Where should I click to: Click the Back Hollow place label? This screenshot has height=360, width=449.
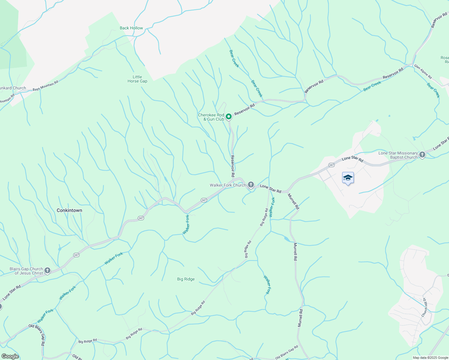[x=131, y=28]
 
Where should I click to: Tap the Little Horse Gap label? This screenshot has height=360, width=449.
[x=137, y=79]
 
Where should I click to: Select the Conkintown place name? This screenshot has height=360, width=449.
[x=69, y=210]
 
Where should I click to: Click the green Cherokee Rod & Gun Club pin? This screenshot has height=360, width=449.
[x=228, y=116]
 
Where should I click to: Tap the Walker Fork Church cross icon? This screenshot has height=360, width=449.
[x=251, y=185]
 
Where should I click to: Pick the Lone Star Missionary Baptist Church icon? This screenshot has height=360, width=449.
[x=422, y=155]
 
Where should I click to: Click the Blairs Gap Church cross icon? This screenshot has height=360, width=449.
[x=47, y=271]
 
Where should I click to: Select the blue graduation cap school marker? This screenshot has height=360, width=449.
[x=348, y=178]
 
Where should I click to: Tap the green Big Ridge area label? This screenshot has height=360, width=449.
[x=186, y=279]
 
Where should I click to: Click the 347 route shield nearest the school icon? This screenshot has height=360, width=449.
[x=331, y=165]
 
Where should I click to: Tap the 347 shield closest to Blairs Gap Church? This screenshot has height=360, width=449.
[x=76, y=255]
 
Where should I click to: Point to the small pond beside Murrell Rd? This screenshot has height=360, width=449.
[x=287, y=239]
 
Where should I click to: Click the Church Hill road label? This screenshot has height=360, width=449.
[x=425, y=307]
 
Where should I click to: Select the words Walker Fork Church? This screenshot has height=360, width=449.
[x=228, y=185]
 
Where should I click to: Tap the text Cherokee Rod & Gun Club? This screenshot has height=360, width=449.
[x=211, y=117]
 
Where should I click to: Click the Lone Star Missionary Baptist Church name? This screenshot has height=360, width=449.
[x=398, y=155]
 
